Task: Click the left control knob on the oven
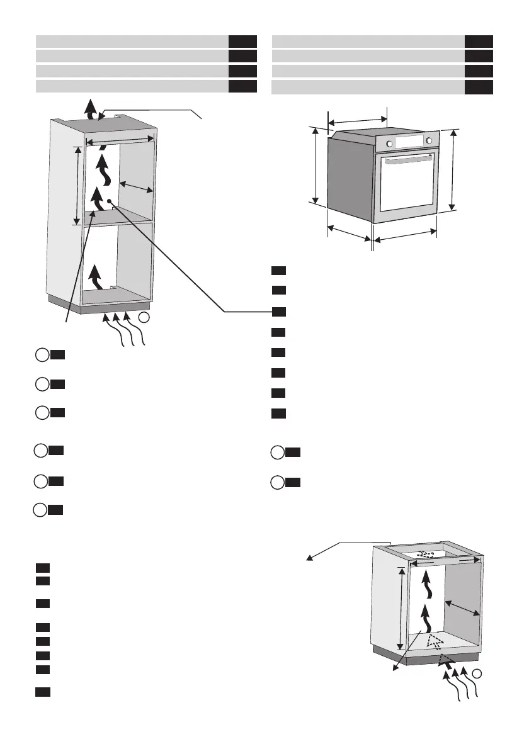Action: pyautogui.click(x=390, y=144)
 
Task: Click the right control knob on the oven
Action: pyautogui.click(x=429, y=140)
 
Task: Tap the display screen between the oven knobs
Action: pyautogui.click(x=410, y=140)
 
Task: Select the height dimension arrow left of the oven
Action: pyautogui.click(x=315, y=165)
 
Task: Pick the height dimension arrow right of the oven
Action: pyautogui.click(x=453, y=170)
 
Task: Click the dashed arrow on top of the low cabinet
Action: pyautogui.click(x=428, y=554)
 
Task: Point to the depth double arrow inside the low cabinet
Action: pyautogui.click(x=462, y=608)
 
